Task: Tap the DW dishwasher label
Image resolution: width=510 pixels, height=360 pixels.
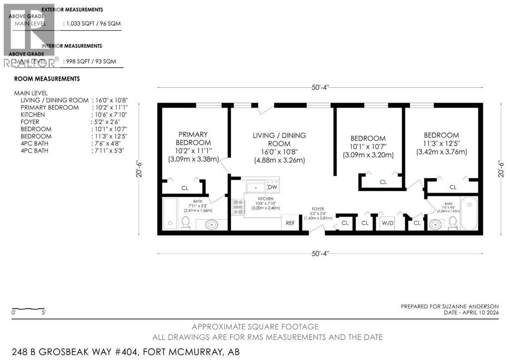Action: pyautogui.click(x=272, y=187)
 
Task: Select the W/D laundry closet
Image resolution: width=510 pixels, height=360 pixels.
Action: pyautogui.click(x=387, y=223)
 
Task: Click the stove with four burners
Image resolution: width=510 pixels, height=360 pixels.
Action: pyautogui.click(x=239, y=207)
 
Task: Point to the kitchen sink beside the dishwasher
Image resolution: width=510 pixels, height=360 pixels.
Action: pyautogui.click(x=255, y=187)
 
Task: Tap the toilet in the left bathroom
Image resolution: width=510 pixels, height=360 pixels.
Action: pyautogui.click(x=185, y=222)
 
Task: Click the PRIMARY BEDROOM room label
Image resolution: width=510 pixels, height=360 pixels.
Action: pyautogui.click(x=193, y=138)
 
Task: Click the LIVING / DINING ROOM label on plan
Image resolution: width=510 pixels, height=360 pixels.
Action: pyautogui.click(x=279, y=139)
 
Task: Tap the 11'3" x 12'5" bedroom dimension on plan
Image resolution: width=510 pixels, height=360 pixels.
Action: pyautogui.click(x=441, y=144)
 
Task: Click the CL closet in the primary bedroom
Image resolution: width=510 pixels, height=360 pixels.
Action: pyautogui.click(x=185, y=188)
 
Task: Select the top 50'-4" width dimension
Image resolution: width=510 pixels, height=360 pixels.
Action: pyautogui.click(x=320, y=88)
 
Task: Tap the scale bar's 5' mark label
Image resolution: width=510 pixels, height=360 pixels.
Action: pyautogui.click(x=44, y=313)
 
